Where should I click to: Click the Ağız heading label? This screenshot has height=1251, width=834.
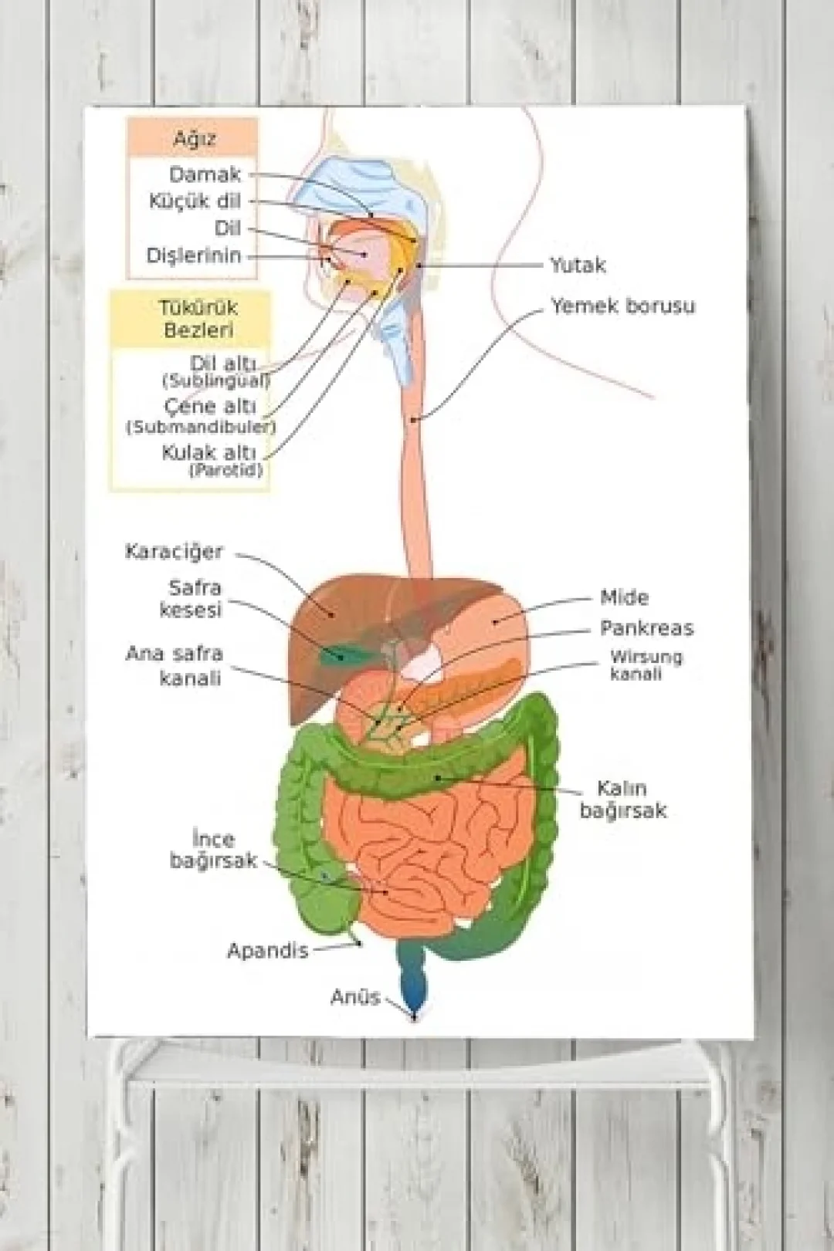click(x=193, y=139)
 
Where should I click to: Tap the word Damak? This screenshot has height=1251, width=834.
click(x=205, y=175)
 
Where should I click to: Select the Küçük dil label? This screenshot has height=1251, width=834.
click(x=195, y=201)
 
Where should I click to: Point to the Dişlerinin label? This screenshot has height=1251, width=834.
click(x=194, y=255)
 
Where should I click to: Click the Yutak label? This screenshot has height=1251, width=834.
click(x=578, y=265)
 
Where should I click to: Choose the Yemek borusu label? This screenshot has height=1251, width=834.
click(x=623, y=306)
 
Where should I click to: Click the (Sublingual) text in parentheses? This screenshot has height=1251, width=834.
click(x=216, y=381)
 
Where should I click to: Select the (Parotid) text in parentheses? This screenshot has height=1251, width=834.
click(x=225, y=470)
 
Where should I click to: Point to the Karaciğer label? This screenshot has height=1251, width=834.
click(x=174, y=553)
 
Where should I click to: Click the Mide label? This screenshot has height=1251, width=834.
click(x=625, y=597)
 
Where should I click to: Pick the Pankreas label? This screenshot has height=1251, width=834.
click(x=647, y=628)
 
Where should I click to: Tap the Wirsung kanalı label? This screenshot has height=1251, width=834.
click(x=646, y=665)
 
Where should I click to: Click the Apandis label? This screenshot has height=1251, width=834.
click(x=268, y=951)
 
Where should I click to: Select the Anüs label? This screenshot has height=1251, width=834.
click(x=355, y=997)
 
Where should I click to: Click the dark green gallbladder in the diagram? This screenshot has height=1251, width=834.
click(x=339, y=654)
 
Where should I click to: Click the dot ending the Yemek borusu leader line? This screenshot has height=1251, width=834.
click(x=414, y=419)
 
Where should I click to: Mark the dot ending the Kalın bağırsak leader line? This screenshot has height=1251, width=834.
click(x=438, y=777)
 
